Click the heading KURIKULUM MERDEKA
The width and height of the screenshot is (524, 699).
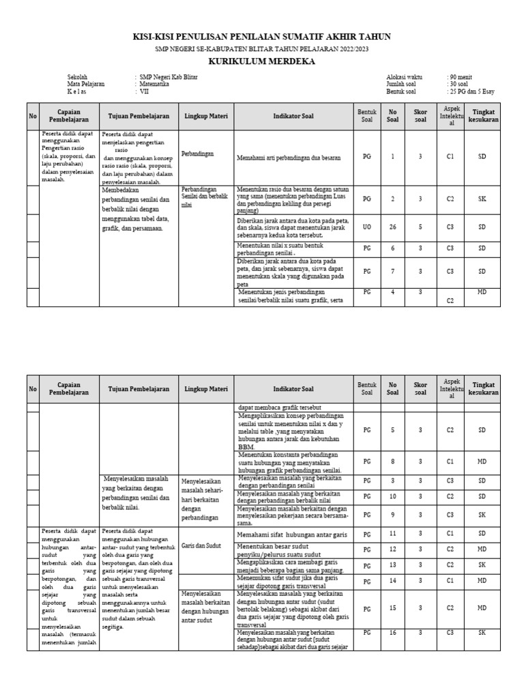(261, 61)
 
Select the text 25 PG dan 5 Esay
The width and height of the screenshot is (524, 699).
(470, 91)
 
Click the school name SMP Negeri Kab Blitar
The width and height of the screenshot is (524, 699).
(168, 78)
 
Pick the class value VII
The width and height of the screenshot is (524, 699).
(144, 91)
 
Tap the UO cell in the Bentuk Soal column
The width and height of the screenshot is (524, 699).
(367, 227)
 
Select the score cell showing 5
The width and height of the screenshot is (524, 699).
(420, 227)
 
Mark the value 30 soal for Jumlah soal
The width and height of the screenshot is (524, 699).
(459, 84)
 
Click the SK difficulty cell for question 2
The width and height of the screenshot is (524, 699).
(482, 199)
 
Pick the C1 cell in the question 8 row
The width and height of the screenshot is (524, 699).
(450, 462)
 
